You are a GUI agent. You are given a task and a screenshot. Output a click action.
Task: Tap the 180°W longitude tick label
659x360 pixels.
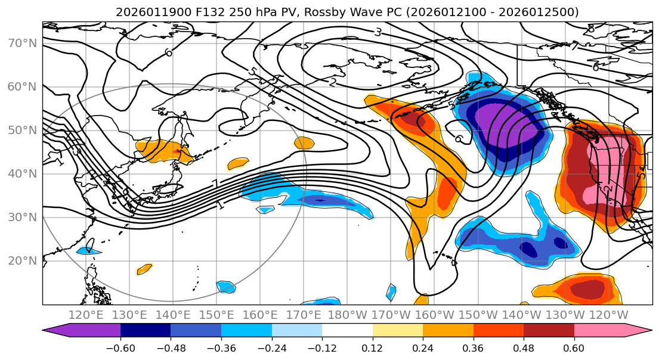point(347,315)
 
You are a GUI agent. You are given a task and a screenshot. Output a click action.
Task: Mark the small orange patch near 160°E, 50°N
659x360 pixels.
point(304,142)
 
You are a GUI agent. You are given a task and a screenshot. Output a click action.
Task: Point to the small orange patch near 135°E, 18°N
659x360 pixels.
point(145,269)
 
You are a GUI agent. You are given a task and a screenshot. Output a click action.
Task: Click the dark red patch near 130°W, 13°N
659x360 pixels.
point(587,288)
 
